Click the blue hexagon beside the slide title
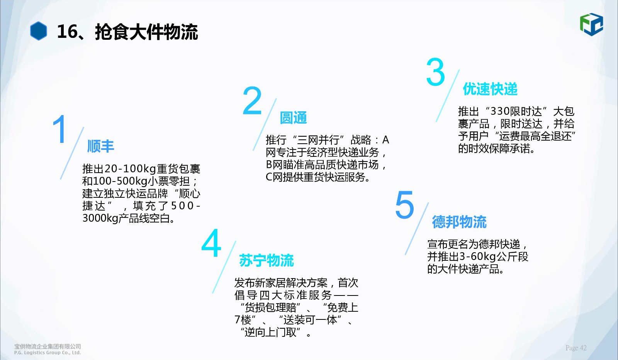click(38, 31)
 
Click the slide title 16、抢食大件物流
click(127, 32)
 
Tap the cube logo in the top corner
click(591, 24)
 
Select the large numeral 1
click(59, 129)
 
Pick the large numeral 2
click(252, 100)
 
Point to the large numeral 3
click(436, 72)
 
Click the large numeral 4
click(211, 243)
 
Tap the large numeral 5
click(405, 205)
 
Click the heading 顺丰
click(100, 146)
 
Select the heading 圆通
click(293, 118)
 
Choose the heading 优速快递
click(490, 89)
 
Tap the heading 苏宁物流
click(266, 260)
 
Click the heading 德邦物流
click(459, 222)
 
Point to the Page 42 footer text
click(576, 348)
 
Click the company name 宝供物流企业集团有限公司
click(48, 346)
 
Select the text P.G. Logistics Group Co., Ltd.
click(48, 353)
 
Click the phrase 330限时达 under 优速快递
click(516, 112)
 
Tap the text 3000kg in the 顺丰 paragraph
click(100, 219)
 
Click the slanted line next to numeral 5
click(417, 229)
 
